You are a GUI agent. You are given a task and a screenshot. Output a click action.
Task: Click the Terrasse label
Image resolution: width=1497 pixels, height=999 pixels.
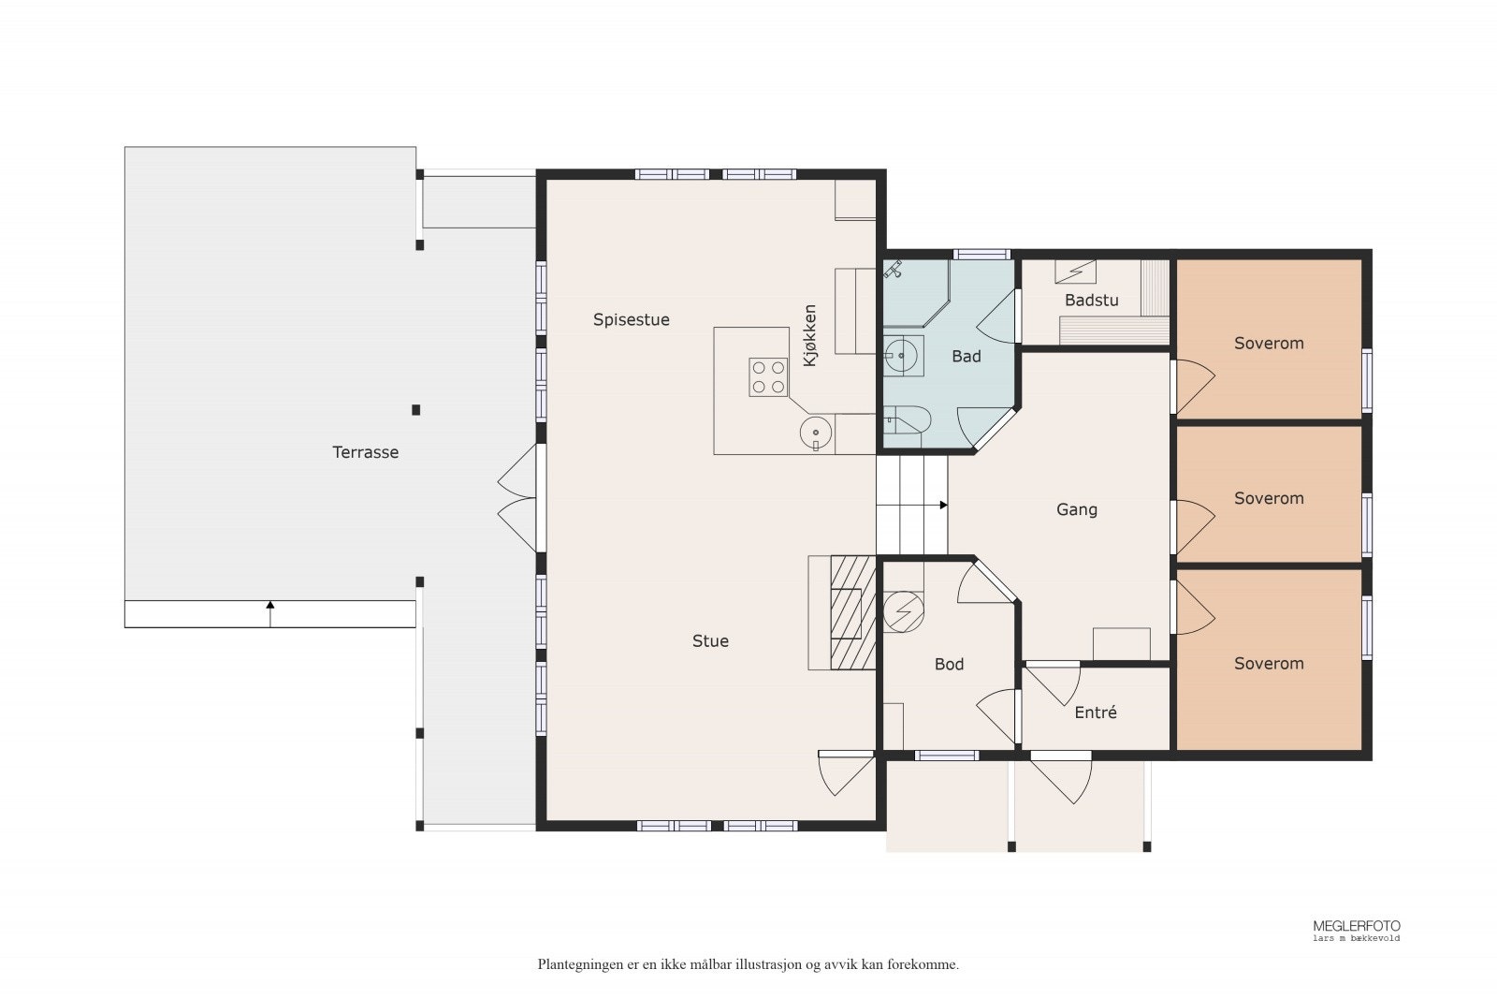366,453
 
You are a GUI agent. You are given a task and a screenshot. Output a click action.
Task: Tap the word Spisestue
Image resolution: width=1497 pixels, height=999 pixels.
631,320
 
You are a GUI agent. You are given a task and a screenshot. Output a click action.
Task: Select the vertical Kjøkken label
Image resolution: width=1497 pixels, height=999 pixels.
810,336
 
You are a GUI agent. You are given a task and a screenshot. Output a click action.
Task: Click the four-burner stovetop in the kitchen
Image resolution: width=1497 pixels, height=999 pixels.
768,377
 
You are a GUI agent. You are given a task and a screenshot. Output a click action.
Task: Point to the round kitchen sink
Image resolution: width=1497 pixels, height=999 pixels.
816,433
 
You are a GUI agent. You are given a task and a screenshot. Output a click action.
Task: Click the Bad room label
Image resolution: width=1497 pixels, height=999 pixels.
967,357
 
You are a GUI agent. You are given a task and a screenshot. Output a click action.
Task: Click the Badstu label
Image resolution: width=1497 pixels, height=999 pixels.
1091,301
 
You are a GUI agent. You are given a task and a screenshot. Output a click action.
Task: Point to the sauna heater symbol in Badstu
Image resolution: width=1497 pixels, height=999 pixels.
1075,272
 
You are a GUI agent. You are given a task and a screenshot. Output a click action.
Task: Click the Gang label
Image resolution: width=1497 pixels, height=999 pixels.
1077,509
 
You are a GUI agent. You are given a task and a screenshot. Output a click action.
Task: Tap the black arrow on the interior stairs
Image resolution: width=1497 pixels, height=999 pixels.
944,505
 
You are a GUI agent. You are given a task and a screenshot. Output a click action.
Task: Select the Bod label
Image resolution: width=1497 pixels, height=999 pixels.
949,664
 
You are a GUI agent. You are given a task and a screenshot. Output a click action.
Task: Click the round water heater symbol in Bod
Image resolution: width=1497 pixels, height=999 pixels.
904,611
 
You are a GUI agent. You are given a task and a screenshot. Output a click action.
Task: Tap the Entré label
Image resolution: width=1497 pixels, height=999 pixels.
1096,713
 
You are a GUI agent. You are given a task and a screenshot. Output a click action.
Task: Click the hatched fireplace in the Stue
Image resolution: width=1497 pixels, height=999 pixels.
853,612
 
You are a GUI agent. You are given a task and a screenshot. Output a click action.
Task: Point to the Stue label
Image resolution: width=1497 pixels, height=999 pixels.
710,641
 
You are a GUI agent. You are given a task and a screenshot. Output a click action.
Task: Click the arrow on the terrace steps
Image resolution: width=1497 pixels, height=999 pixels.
270,614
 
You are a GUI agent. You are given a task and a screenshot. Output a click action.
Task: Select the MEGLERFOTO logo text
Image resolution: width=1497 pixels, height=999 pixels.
1357,926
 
